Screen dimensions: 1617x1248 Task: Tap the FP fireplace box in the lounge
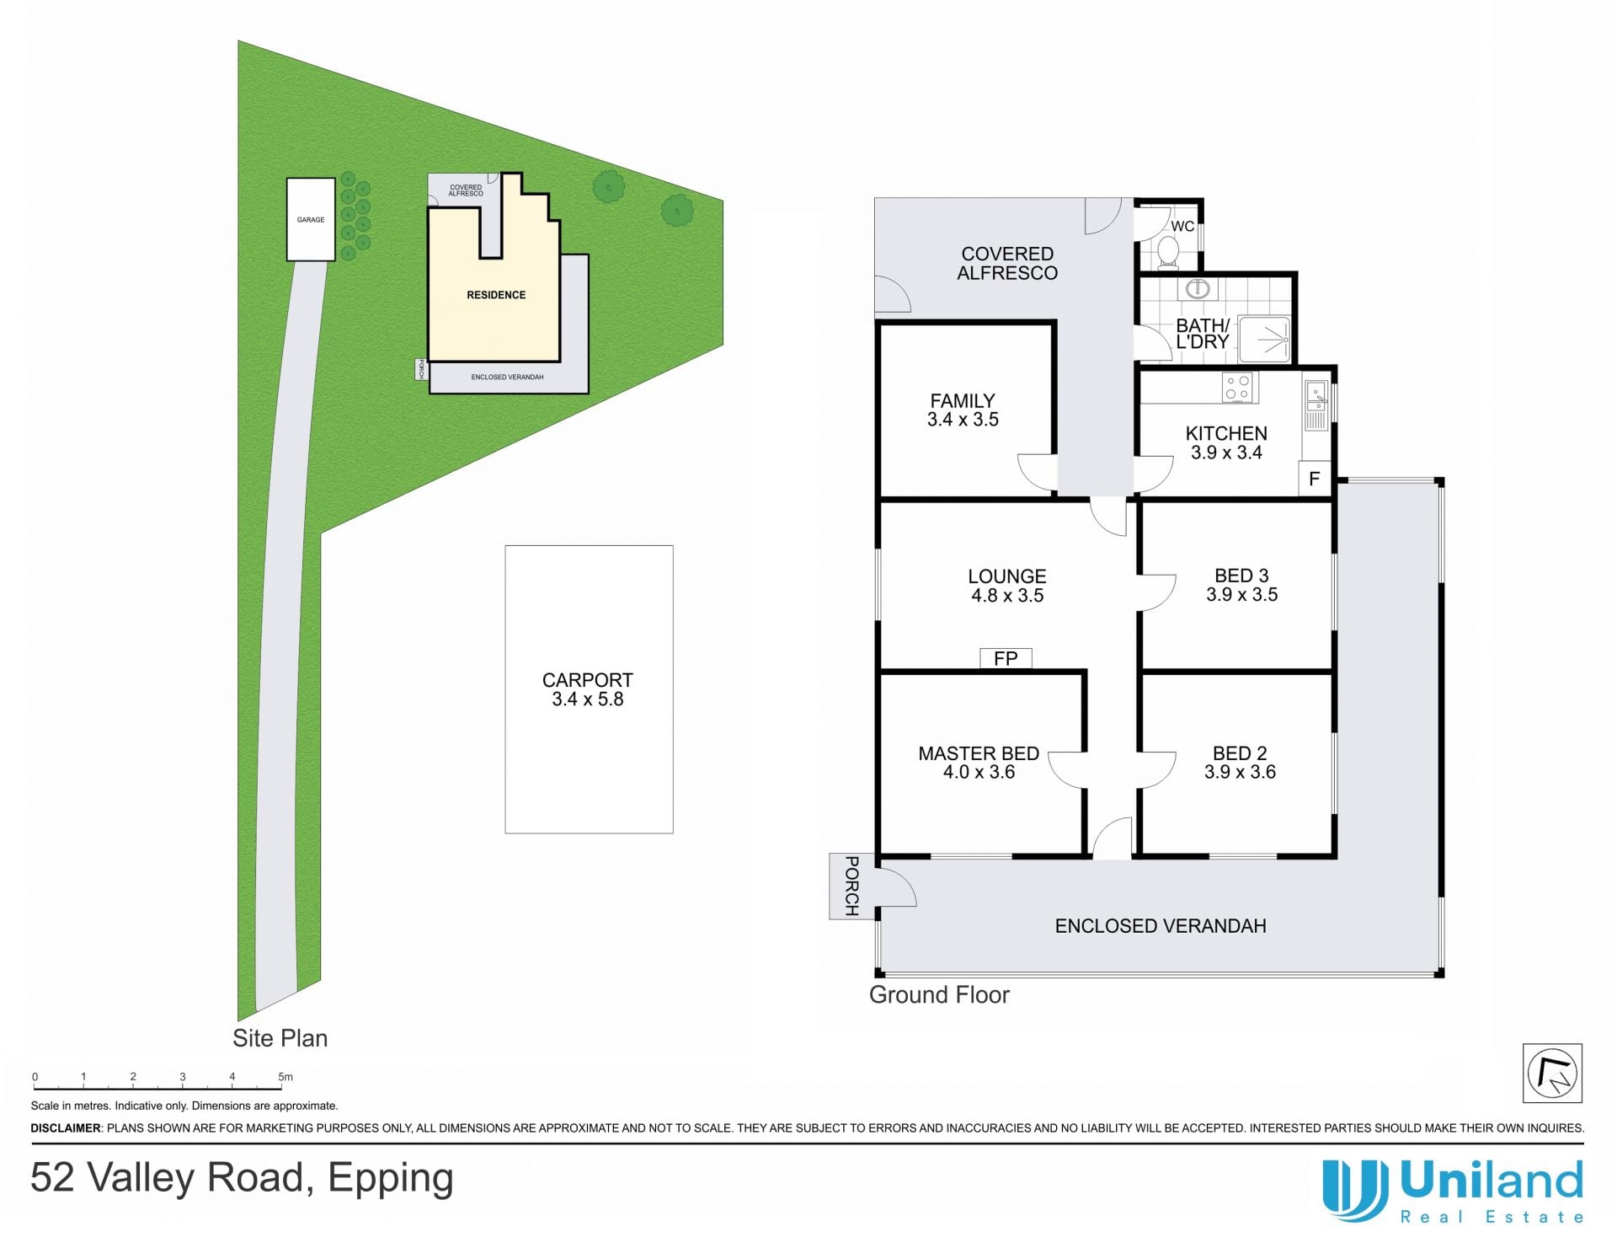[1006, 658]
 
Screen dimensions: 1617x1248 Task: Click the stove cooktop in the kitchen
[1237, 388]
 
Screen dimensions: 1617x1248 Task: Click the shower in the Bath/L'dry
[1263, 340]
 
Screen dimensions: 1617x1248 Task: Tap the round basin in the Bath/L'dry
[1197, 290]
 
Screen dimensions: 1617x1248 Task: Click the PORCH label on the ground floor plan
[851, 886]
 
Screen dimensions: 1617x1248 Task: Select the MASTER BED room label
[979, 753]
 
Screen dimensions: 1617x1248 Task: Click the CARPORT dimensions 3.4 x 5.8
[588, 699]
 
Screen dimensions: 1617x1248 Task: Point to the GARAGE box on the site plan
[311, 219]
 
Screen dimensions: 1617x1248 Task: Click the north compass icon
[1552, 1073]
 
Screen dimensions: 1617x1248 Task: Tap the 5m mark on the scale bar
[286, 1077]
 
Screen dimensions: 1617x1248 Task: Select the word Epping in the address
[391, 1179]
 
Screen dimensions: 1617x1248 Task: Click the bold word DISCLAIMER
[66, 1128]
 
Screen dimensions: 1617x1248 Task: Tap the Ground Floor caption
[939, 995]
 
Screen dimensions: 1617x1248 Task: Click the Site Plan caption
[280, 1038]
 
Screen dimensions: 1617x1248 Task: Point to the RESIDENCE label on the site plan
[496, 295]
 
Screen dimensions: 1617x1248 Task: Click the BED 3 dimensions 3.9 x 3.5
[1241, 595]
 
